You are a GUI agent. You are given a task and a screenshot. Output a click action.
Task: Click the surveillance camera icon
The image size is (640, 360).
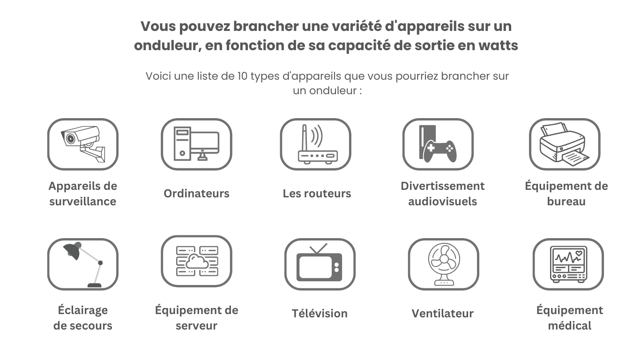[83, 144]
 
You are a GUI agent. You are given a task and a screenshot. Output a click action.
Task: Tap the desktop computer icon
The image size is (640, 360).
[197, 144]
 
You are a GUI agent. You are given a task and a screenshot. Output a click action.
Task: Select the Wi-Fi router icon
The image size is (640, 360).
[318, 144]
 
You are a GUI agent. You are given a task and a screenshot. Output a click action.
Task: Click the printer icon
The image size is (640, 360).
[565, 144]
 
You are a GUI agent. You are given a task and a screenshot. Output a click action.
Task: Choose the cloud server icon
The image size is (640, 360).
[197, 261]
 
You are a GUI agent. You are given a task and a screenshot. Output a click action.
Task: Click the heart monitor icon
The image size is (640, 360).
[569, 264]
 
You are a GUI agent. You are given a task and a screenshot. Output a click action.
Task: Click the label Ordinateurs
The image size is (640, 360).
[197, 194]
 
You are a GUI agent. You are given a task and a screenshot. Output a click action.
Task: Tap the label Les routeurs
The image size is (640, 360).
[317, 194]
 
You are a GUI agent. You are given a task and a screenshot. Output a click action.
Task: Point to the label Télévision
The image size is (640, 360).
[320, 314]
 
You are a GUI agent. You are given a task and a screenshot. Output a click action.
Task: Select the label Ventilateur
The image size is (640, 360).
[443, 314]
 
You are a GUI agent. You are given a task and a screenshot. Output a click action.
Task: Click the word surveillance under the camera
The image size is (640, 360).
[83, 202]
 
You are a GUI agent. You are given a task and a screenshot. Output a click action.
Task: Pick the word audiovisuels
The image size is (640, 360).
[443, 202]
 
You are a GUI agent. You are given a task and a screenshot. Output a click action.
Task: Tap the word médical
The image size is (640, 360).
[570, 326]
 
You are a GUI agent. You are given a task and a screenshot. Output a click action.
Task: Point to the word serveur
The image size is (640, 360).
[197, 326]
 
